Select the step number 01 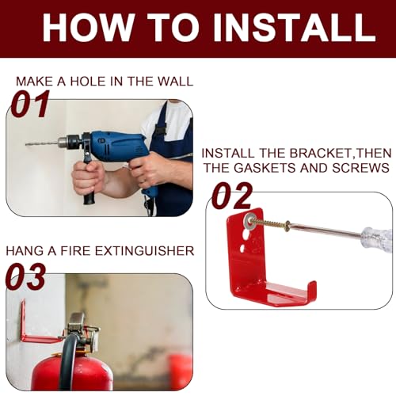coord(30,104)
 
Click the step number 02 coord(231,196)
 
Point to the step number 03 coord(27,277)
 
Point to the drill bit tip coord(28,144)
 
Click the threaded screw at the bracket coord(273,226)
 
